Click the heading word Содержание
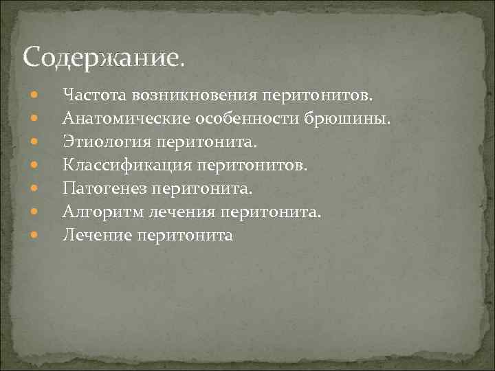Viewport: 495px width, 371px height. click(103, 56)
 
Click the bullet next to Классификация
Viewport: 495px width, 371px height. click(34, 165)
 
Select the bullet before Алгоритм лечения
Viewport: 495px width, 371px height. click(34, 212)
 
